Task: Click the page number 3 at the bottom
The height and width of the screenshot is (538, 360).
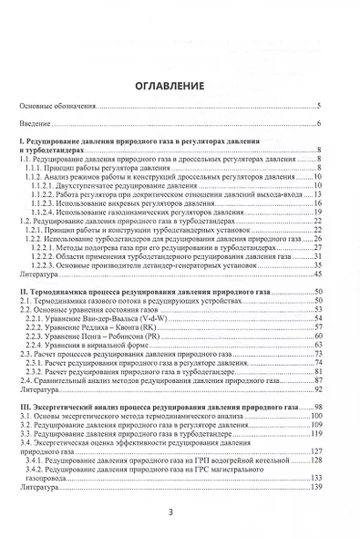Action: pyautogui.click(x=180, y=512)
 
